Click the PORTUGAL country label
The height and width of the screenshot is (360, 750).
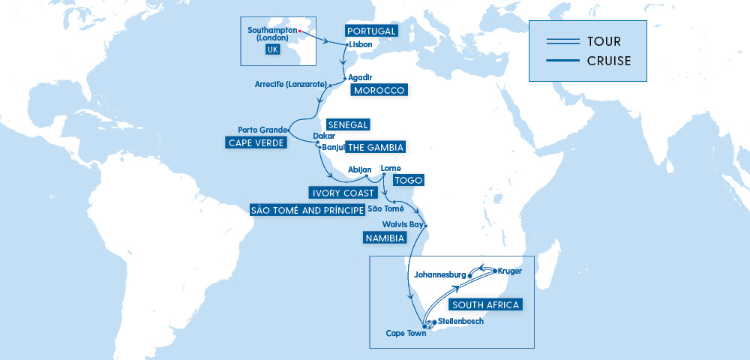point(370,31)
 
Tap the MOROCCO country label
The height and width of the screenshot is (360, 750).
point(378,90)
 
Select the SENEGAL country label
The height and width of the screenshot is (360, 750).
point(349,124)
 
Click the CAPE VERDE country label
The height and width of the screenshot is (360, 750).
point(256,142)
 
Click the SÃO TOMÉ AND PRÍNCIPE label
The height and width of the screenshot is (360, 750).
point(307,209)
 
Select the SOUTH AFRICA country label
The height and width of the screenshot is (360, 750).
point(485,304)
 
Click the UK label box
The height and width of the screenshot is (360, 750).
point(272,49)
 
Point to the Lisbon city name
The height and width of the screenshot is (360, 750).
point(360,44)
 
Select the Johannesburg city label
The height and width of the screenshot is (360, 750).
point(435,274)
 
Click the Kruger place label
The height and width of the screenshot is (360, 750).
point(509,270)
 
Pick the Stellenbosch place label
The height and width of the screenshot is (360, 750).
point(455,321)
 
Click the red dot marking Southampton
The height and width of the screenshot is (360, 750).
point(299,31)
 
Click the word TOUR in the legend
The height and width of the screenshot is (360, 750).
point(604,41)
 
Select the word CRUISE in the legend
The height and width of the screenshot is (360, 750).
point(610,61)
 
